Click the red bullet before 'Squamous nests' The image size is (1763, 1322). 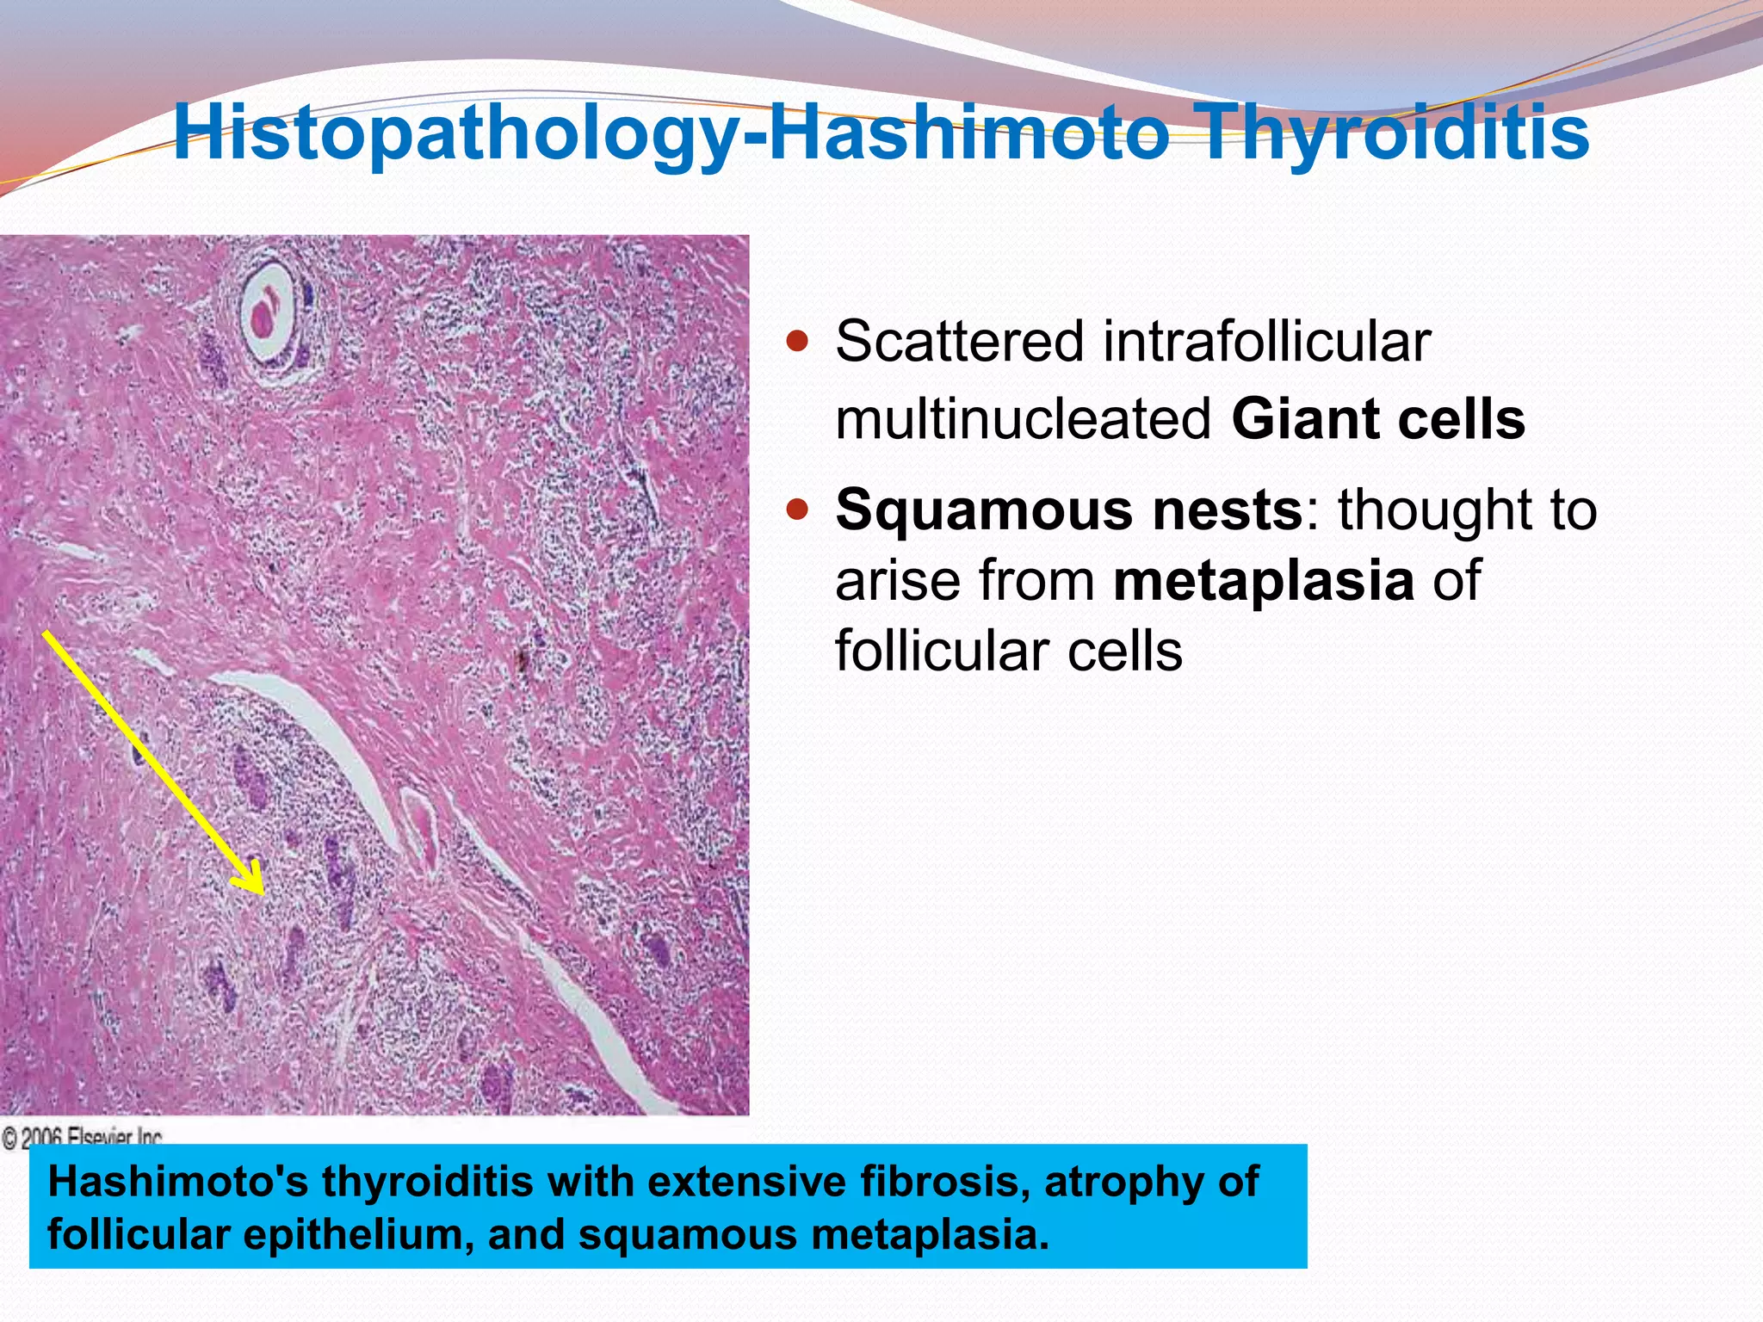[x=799, y=511]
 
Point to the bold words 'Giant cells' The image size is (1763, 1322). [x=1378, y=419]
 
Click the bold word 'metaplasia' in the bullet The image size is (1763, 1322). [x=1264, y=580]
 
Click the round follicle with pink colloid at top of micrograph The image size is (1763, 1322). [x=267, y=315]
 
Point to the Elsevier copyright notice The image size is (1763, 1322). [x=83, y=1138]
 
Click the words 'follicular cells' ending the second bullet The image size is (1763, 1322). [x=1008, y=651]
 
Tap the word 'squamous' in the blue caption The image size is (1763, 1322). [x=688, y=1235]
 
